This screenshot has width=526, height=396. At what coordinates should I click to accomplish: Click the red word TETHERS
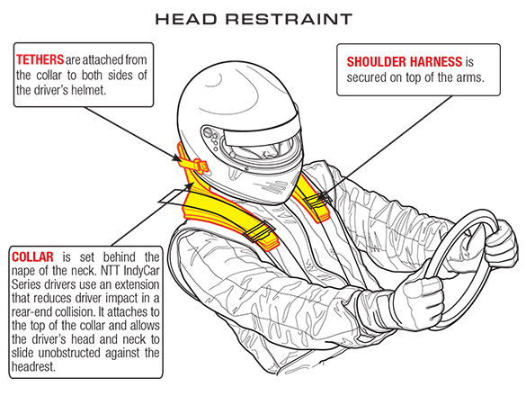40,59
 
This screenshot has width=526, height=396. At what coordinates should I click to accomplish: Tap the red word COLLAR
32,256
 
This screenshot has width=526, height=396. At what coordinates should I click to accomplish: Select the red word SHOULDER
376,62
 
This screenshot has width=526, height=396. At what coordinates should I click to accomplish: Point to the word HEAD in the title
186,19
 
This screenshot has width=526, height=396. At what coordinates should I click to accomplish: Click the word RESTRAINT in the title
289,19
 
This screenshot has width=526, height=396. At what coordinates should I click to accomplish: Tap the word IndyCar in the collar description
141,271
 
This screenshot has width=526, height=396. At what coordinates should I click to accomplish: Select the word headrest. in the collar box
33,366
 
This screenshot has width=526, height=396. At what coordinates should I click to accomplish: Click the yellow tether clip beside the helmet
194,164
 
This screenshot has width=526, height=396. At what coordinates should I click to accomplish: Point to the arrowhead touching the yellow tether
177,157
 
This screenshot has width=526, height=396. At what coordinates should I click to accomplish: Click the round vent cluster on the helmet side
210,138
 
